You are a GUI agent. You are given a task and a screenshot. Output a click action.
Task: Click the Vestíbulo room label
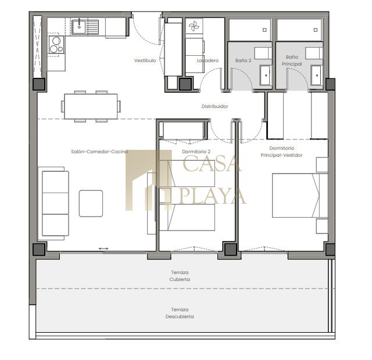(145, 60)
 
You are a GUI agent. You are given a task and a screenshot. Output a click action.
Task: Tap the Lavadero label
(208, 60)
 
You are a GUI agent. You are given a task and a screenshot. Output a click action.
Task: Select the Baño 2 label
(243, 60)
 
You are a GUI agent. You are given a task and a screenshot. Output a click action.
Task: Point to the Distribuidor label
(214, 106)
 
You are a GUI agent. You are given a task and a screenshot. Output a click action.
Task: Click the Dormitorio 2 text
(196, 152)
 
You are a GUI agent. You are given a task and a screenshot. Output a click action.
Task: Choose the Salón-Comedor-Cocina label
(99, 152)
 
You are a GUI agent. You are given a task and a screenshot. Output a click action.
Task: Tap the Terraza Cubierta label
(180, 276)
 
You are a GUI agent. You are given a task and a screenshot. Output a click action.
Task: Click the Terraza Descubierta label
(180, 313)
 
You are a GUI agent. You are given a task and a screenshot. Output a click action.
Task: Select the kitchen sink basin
(79, 27)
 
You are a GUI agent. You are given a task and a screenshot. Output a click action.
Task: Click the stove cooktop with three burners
(56, 45)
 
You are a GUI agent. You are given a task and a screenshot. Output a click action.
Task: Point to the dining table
(91, 106)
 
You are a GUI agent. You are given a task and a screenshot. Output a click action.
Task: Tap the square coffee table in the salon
(91, 203)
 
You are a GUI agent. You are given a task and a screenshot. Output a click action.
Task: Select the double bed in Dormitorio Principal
(300, 195)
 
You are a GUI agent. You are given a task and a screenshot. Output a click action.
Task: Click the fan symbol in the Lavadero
(194, 26)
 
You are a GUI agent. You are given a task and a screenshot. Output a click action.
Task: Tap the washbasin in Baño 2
(266, 75)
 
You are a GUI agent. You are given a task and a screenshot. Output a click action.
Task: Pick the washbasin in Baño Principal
(317, 75)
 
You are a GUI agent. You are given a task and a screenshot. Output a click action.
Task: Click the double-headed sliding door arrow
(103, 249)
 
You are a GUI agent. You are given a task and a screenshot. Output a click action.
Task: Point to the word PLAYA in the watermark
(213, 196)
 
